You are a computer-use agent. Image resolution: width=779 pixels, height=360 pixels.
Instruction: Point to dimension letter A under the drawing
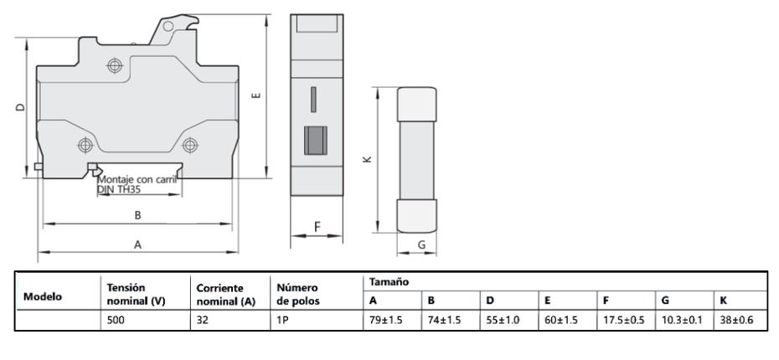pos(138,244)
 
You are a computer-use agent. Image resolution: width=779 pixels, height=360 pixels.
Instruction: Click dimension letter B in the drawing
pos(138,215)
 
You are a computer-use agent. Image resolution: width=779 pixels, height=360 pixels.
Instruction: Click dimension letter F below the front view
pos(317,227)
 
